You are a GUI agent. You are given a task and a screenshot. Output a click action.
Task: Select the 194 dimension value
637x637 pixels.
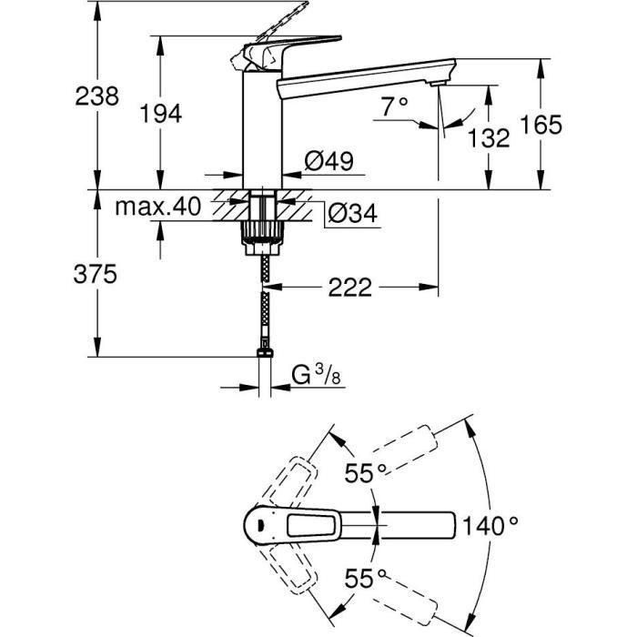(x=162, y=113)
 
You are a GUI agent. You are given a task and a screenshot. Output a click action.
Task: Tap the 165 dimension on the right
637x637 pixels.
(x=543, y=124)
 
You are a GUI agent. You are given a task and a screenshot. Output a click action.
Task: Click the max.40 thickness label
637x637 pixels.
(x=157, y=207)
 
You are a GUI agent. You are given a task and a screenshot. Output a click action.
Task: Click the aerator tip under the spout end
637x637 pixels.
(x=440, y=86)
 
